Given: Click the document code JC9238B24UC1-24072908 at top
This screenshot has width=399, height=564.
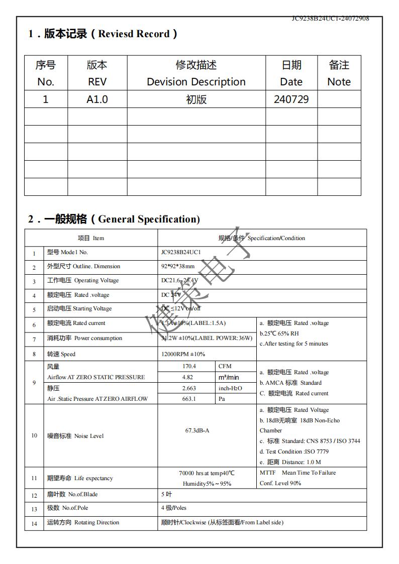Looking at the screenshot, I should click(330, 19).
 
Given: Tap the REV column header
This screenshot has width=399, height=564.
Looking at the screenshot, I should click(97, 73).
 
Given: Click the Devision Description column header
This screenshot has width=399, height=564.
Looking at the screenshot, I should click(196, 73).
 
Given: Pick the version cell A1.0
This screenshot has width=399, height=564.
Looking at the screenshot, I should click(97, 99).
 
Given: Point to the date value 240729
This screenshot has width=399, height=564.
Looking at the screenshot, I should click(291, 99).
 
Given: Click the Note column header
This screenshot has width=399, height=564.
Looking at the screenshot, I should click(339, 73).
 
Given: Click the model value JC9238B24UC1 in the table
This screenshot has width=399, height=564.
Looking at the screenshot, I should click(181, 252).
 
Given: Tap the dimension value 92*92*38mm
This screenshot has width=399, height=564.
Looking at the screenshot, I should click(178, 266).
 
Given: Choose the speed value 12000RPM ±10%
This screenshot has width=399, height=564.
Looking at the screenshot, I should click(183, 354).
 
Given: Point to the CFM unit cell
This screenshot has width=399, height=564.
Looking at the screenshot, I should click(225, 367).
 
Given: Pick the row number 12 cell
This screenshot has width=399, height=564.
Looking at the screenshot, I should click(34, 495).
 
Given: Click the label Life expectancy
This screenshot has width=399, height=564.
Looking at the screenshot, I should click(93, 478).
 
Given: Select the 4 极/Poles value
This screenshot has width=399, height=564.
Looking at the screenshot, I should click(174, 508).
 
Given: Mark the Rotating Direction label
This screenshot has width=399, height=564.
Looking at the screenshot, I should click(96, 522).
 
